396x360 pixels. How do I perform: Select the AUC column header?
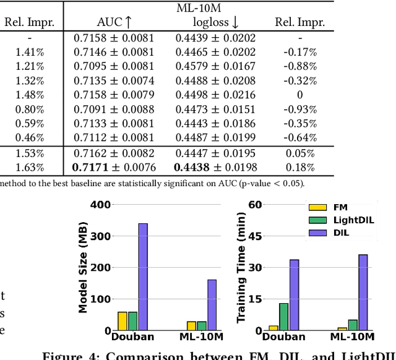(x=114, y=23)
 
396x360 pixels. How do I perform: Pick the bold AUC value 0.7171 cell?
(x=114, y=168)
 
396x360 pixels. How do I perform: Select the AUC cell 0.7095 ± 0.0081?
(x=114, y=66)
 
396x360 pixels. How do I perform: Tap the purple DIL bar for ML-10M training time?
(x=363, y=292)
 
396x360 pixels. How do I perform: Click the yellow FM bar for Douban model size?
(x=123, y=321)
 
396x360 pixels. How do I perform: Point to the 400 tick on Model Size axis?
(x=101, y=205)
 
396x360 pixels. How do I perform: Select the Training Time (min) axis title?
(x=242, y=267)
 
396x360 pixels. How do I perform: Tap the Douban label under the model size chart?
(x=132, y=337)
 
